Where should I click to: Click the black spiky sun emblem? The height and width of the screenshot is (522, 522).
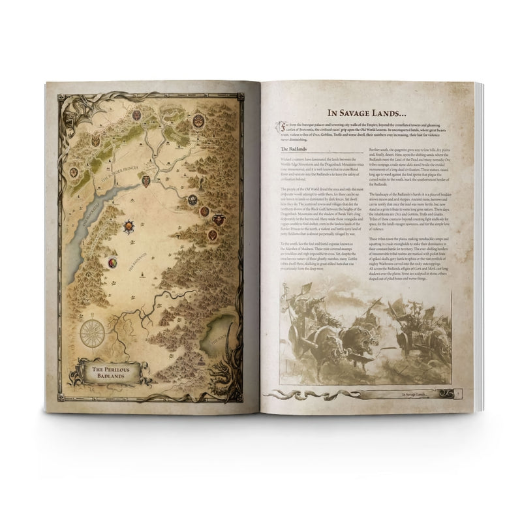click(130, 226)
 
